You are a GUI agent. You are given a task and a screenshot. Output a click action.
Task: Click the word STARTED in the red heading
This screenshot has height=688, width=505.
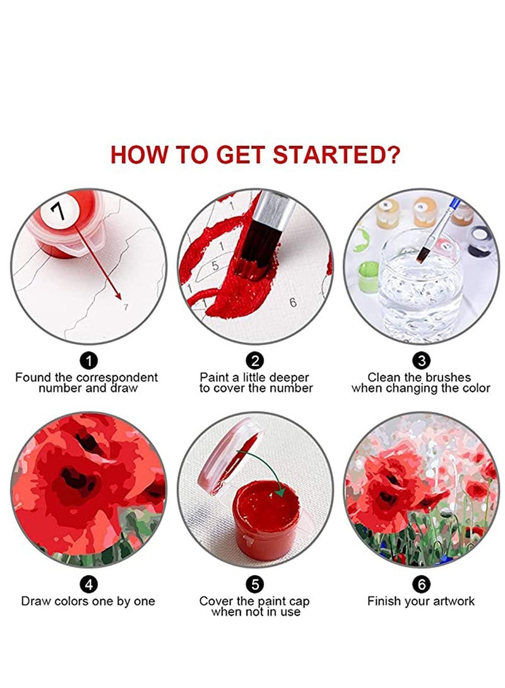click(x=336, y=155)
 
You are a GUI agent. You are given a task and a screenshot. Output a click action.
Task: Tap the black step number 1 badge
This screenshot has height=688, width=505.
click(x=88, y=360)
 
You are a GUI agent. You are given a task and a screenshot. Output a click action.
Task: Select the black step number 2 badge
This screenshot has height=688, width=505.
click(x=255, y=360)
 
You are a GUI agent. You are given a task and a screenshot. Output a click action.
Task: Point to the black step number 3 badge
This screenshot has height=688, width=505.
click(x=421, y=360)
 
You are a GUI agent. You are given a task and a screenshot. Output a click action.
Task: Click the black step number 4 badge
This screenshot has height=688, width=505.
click(x=88, y=584)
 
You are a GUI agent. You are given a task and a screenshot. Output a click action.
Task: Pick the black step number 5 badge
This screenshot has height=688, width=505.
click(x=255, y=584)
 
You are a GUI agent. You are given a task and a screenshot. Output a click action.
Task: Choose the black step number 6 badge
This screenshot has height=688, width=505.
click(x=421, y=584)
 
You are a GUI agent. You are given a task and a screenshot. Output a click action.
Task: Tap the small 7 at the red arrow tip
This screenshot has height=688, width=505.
click(x=126, y=307)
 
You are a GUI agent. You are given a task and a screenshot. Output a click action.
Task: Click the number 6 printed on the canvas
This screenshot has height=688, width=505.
click(x=293, y=302)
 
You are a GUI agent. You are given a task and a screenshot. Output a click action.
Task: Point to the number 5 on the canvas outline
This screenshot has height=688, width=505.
click(x=215, y=266)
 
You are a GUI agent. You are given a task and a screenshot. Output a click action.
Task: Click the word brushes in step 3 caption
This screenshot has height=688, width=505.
click(x=444, y=377)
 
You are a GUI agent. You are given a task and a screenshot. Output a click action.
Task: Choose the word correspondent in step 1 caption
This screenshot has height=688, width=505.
click(x=117, y=378)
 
